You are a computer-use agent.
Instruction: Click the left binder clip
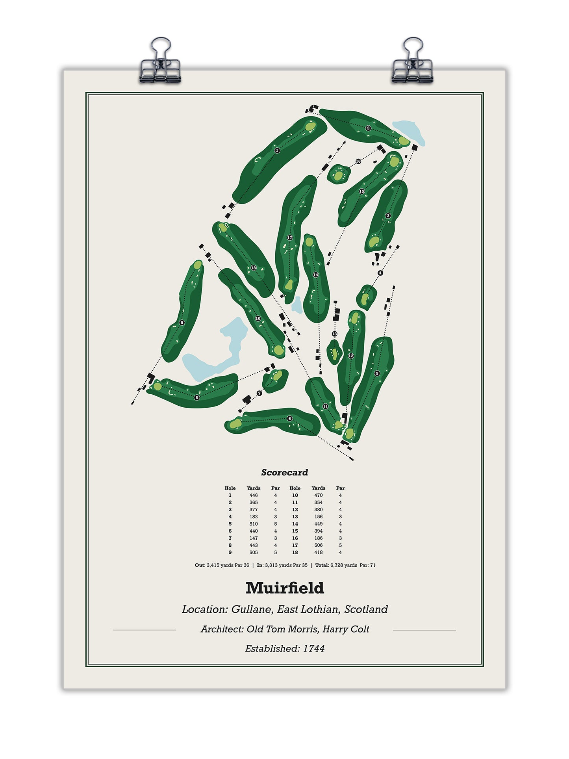pyautogui.click(x=160, y=63)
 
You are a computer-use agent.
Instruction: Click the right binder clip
pyautogui.click(x=412, y=63)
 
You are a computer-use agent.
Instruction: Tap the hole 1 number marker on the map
pyautogui.click(x=277, y=150)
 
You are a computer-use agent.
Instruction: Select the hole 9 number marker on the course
pyautogui.click(x=182, y=323)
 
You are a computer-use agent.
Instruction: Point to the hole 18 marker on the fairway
pyautogui.click(x=254, y=268)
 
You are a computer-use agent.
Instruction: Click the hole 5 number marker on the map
pyautogui.click(x=377, y=373)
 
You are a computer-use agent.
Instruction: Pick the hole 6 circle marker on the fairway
pyautogui.click(x=290, y=418)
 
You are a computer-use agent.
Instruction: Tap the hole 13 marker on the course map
pyautogui.click(x=334, y=334)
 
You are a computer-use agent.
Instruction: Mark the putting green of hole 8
pyautogui.click(x=158, y=387)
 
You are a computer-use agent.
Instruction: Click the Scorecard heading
pyautogui.click(x=285, y=472)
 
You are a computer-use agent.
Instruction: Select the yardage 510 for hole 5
pyautogui.click(x=254, y=524)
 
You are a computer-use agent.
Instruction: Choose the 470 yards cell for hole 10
pyautogui.click(x=318, y=495)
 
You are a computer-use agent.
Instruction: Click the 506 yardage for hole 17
pyautogui.click(x=318, y=546)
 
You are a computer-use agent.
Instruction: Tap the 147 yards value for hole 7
pyautogui.click(x=254, y=538)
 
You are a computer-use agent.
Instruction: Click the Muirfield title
pyautogui.click(x=285, y=588)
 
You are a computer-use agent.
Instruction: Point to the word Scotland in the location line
pyautogui.click(x=366, y=609)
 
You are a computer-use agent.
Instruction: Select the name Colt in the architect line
pyautogui.click(x=360, y=629)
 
